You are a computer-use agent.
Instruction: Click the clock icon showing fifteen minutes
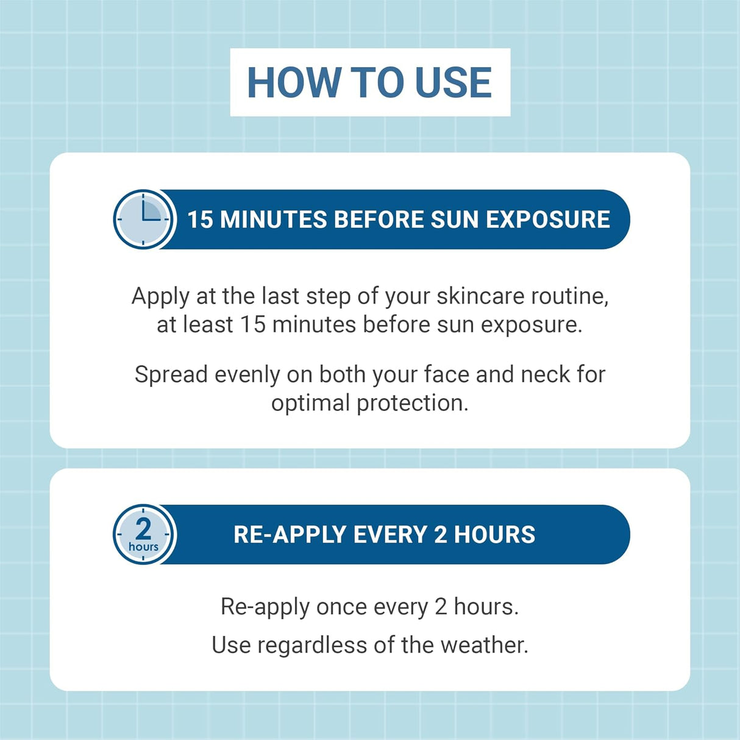(x=144, y=219)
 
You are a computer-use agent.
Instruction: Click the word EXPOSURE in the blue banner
(x=548, y=219)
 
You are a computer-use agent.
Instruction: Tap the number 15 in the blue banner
(x=199, y=219)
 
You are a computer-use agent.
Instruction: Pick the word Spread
(x=171, y=374)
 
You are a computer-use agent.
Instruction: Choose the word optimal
(x=310, y=404)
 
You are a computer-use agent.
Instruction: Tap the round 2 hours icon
(x=144, y=534)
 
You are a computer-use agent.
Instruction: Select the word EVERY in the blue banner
(x=390, y=535)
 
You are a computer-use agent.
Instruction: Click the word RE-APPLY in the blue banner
(x=290, y=535)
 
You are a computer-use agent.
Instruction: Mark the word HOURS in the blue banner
(x=494, y=535)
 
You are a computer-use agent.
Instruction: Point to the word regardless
(x=312, y=646)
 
